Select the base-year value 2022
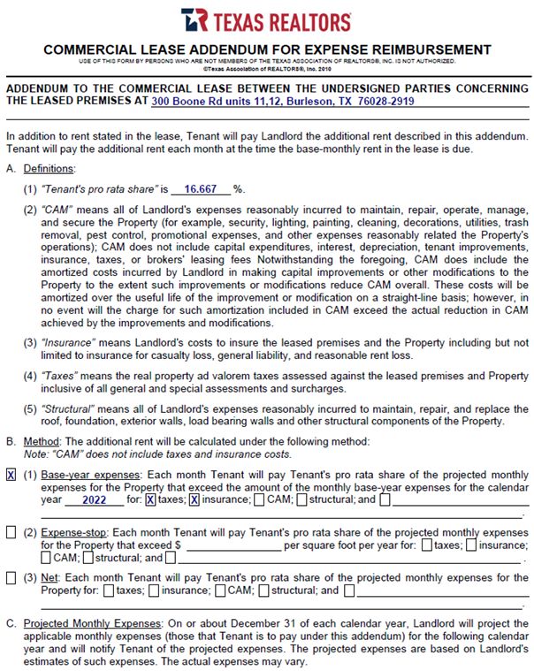pos(95,500)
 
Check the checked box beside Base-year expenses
pos(11,476)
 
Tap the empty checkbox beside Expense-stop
pos(11,533)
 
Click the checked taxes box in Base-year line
pos(150,500)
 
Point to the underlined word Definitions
pos(49,168)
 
